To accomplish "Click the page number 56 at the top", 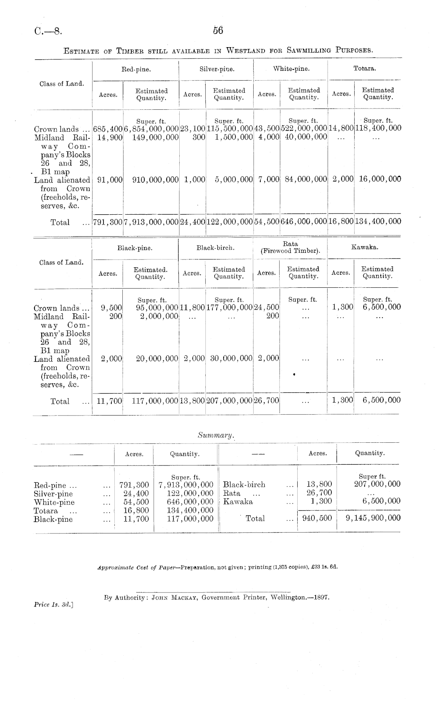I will [218, 31].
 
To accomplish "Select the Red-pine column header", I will [136, 69].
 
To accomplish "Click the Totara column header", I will [364, 68].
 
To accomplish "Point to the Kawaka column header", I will [364, 247].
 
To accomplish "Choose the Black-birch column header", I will [215, 248].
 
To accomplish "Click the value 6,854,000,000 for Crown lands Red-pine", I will [151, 129].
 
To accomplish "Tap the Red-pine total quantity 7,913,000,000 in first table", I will [151, 222].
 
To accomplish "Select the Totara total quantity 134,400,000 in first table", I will [378, 221].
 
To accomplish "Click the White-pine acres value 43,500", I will [267, 129].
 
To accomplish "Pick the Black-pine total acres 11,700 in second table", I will [109, 401].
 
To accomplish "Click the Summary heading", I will [215, 435].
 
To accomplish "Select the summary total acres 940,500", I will [317, 518].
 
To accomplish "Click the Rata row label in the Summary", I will [232, 493].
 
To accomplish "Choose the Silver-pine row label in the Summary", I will [53, 494].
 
